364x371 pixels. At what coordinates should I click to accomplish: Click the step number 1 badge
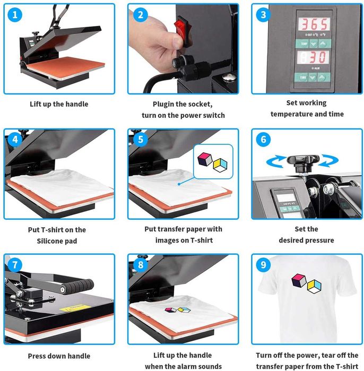tap(15, 15)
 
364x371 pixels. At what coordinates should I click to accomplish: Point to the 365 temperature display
tap(314, 24)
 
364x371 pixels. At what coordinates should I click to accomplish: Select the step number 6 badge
tap(263, 140)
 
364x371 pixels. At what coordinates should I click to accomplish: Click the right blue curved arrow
tap(328, 160)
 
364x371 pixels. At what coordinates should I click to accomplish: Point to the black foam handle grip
tap(79, 286)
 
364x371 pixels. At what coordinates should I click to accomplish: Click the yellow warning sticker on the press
tap(75, 308)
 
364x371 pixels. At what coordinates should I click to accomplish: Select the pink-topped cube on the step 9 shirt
tap(299, 280)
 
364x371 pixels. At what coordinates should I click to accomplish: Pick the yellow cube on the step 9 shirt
tap(314, 286)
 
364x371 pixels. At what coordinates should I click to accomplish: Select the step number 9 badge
tap(263, 264)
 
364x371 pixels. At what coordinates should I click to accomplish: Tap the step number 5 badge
tap(141, 140)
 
